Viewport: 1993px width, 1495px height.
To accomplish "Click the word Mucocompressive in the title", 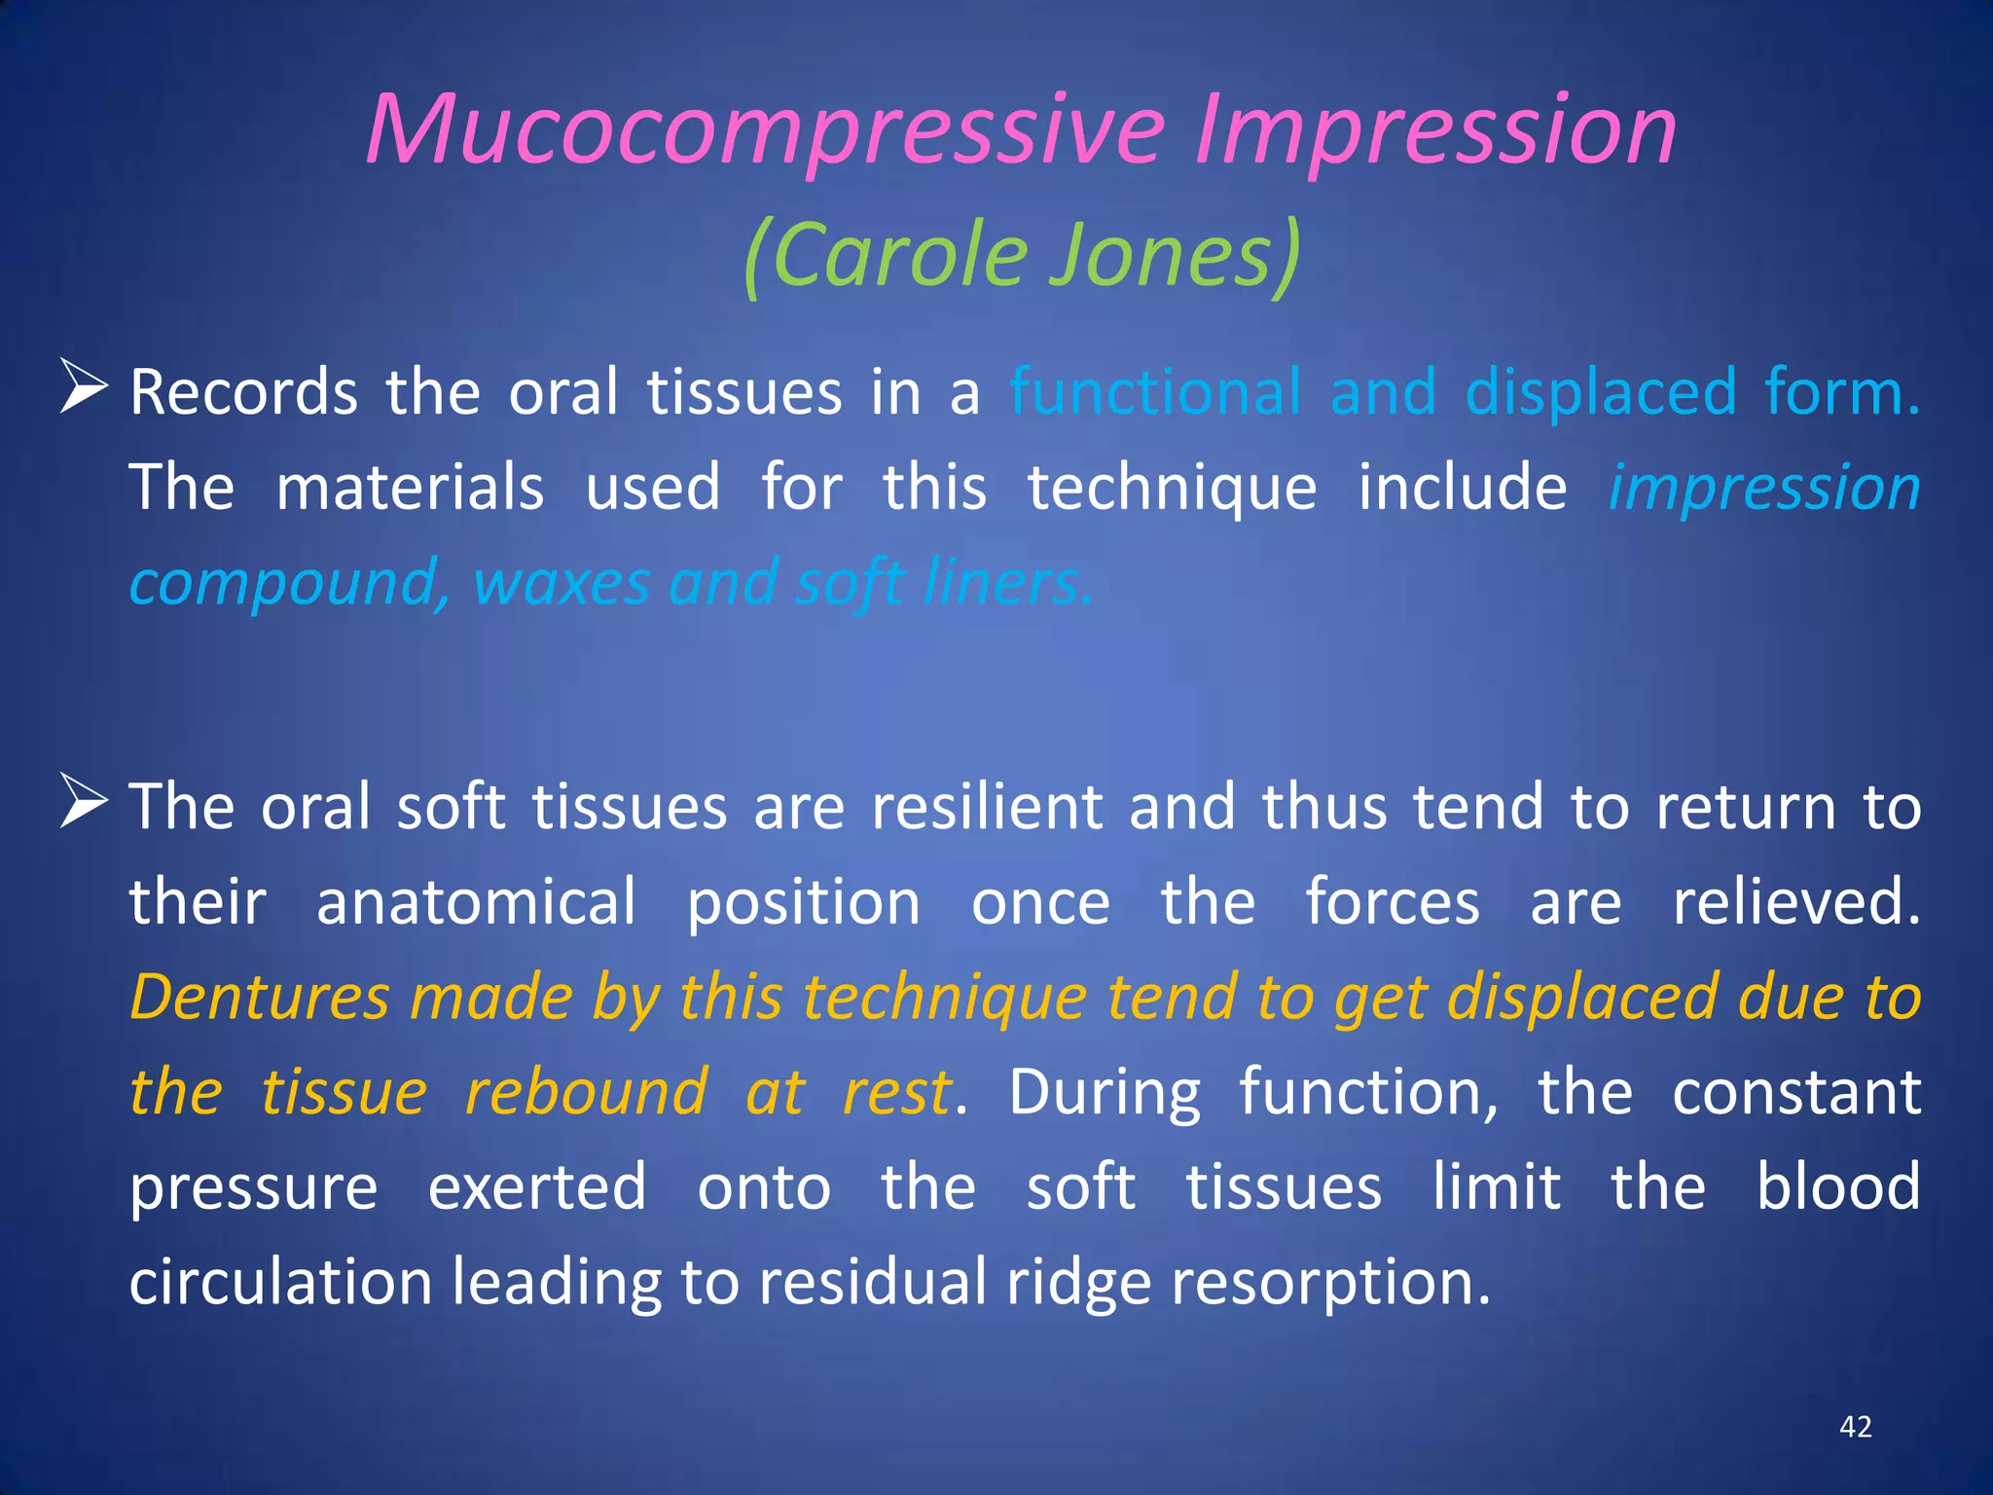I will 765,131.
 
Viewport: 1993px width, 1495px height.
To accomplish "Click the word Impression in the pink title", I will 1435,131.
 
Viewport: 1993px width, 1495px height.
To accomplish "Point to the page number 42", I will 1855,1427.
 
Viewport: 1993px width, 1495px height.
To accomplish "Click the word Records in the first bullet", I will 244,393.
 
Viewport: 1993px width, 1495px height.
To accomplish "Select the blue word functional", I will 1155,393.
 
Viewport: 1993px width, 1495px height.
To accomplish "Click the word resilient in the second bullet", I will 987,808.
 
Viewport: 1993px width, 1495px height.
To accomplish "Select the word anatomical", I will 476,903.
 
